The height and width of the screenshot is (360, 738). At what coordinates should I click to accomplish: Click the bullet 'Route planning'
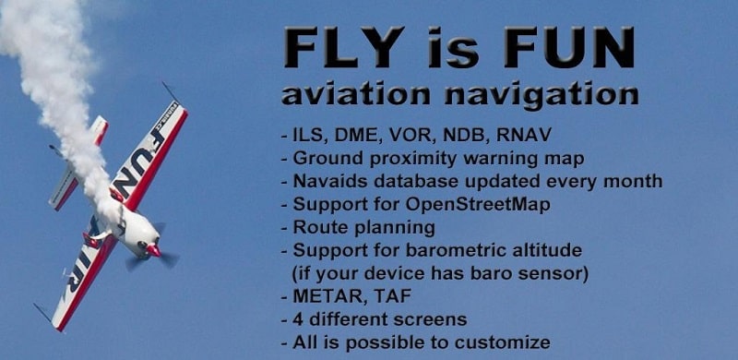click(362, 227)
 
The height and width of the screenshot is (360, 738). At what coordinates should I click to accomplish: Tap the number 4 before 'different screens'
click(298, 319)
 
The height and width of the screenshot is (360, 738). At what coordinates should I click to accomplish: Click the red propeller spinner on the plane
click(153, 249)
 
